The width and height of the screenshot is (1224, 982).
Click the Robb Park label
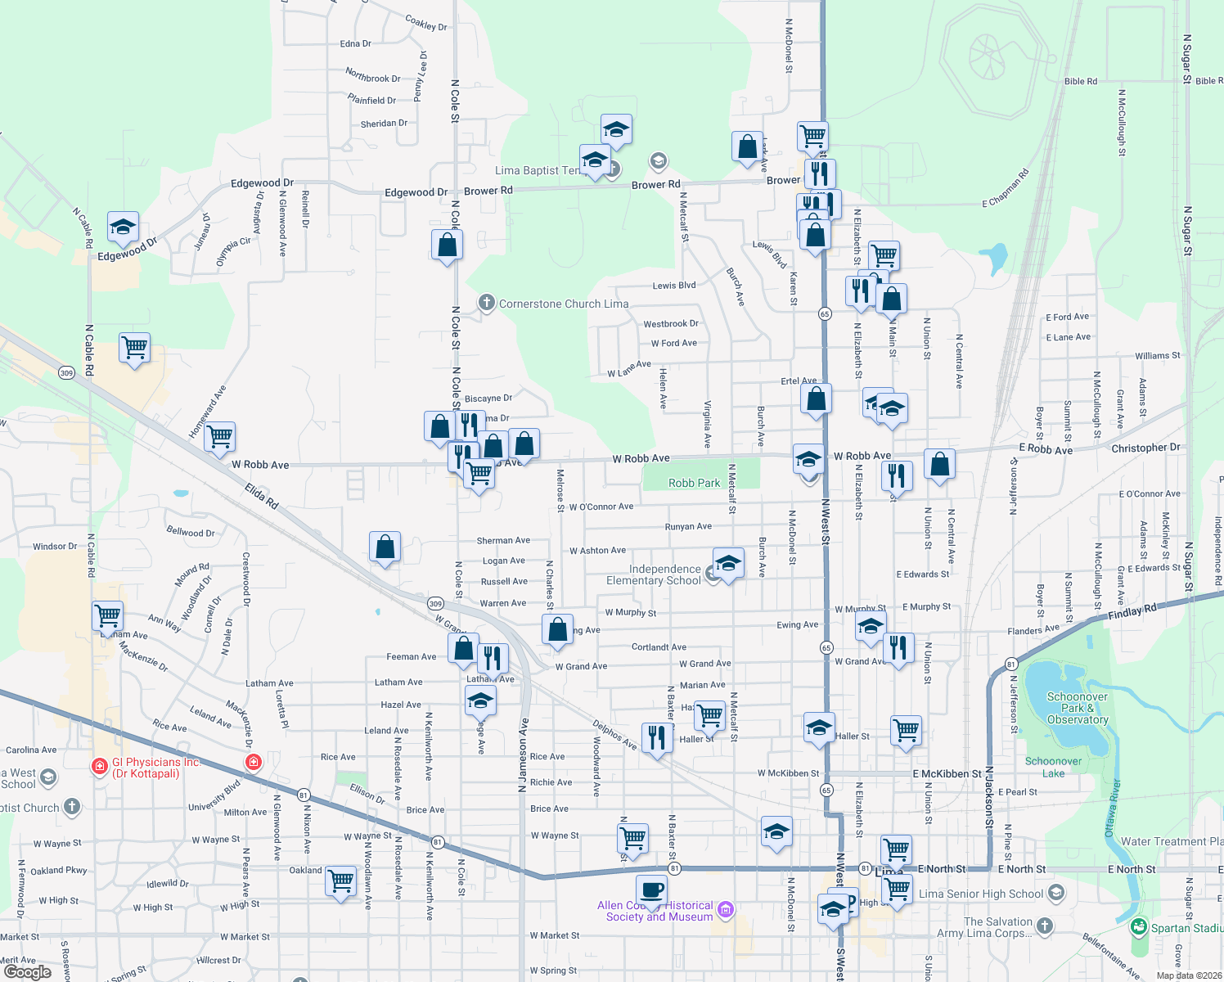694,483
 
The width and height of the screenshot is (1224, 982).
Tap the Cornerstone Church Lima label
564,304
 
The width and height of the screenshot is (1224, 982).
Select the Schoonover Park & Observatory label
1078,708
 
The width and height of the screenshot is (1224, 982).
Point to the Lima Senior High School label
981,894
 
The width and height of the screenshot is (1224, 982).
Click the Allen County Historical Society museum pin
726,909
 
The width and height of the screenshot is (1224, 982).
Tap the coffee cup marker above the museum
651,890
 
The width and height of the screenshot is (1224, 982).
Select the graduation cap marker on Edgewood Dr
123,227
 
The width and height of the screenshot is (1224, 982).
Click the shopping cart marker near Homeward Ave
220,437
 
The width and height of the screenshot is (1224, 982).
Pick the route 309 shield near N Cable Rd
66,373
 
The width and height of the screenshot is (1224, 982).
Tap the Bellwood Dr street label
191,532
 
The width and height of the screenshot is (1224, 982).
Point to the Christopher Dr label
1145,448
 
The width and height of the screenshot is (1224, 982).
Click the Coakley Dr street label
426,23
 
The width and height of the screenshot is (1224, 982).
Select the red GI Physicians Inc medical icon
99,767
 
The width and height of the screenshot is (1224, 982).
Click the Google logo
27,971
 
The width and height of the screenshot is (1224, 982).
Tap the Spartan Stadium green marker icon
1138,927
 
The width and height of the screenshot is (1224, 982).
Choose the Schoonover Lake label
1053,767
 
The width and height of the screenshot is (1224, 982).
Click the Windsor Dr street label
55,546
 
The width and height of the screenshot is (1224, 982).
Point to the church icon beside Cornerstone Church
487,304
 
